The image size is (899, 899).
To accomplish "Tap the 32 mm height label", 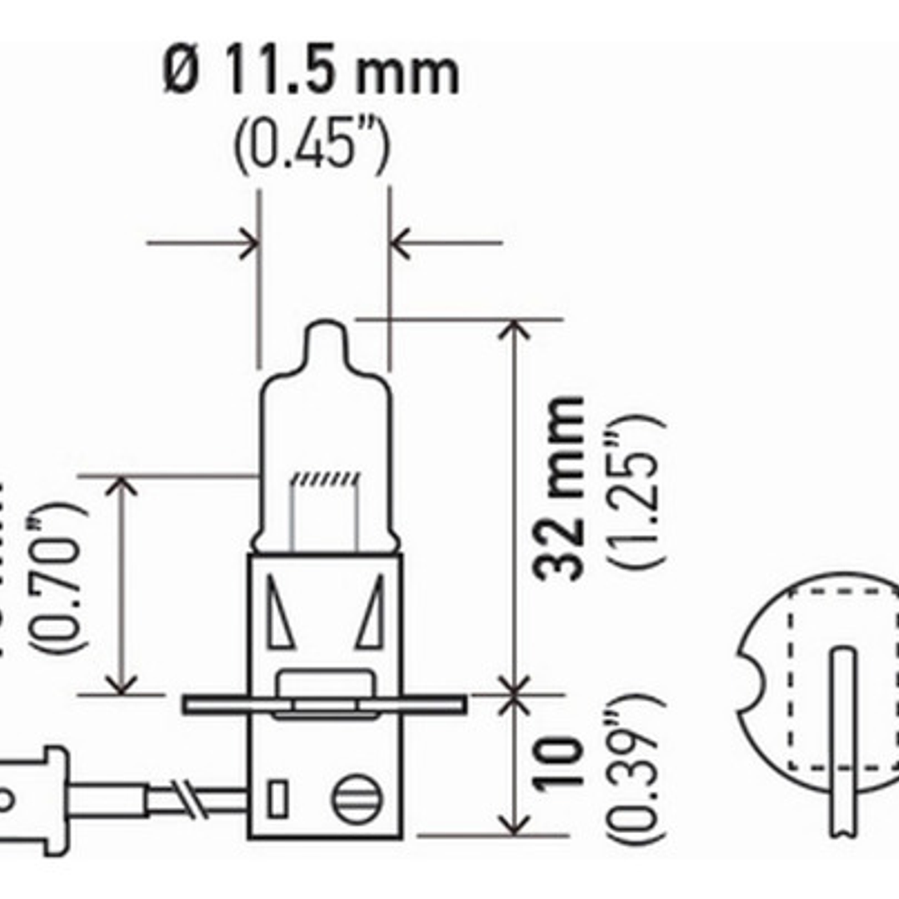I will (x=560, y=488).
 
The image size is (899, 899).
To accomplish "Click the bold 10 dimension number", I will (x=560, y=762).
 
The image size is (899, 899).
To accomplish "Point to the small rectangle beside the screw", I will (x=277, y=801).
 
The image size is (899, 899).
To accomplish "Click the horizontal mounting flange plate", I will (x=323, y=705).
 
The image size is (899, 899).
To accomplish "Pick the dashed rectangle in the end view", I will (x=842, y=679).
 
